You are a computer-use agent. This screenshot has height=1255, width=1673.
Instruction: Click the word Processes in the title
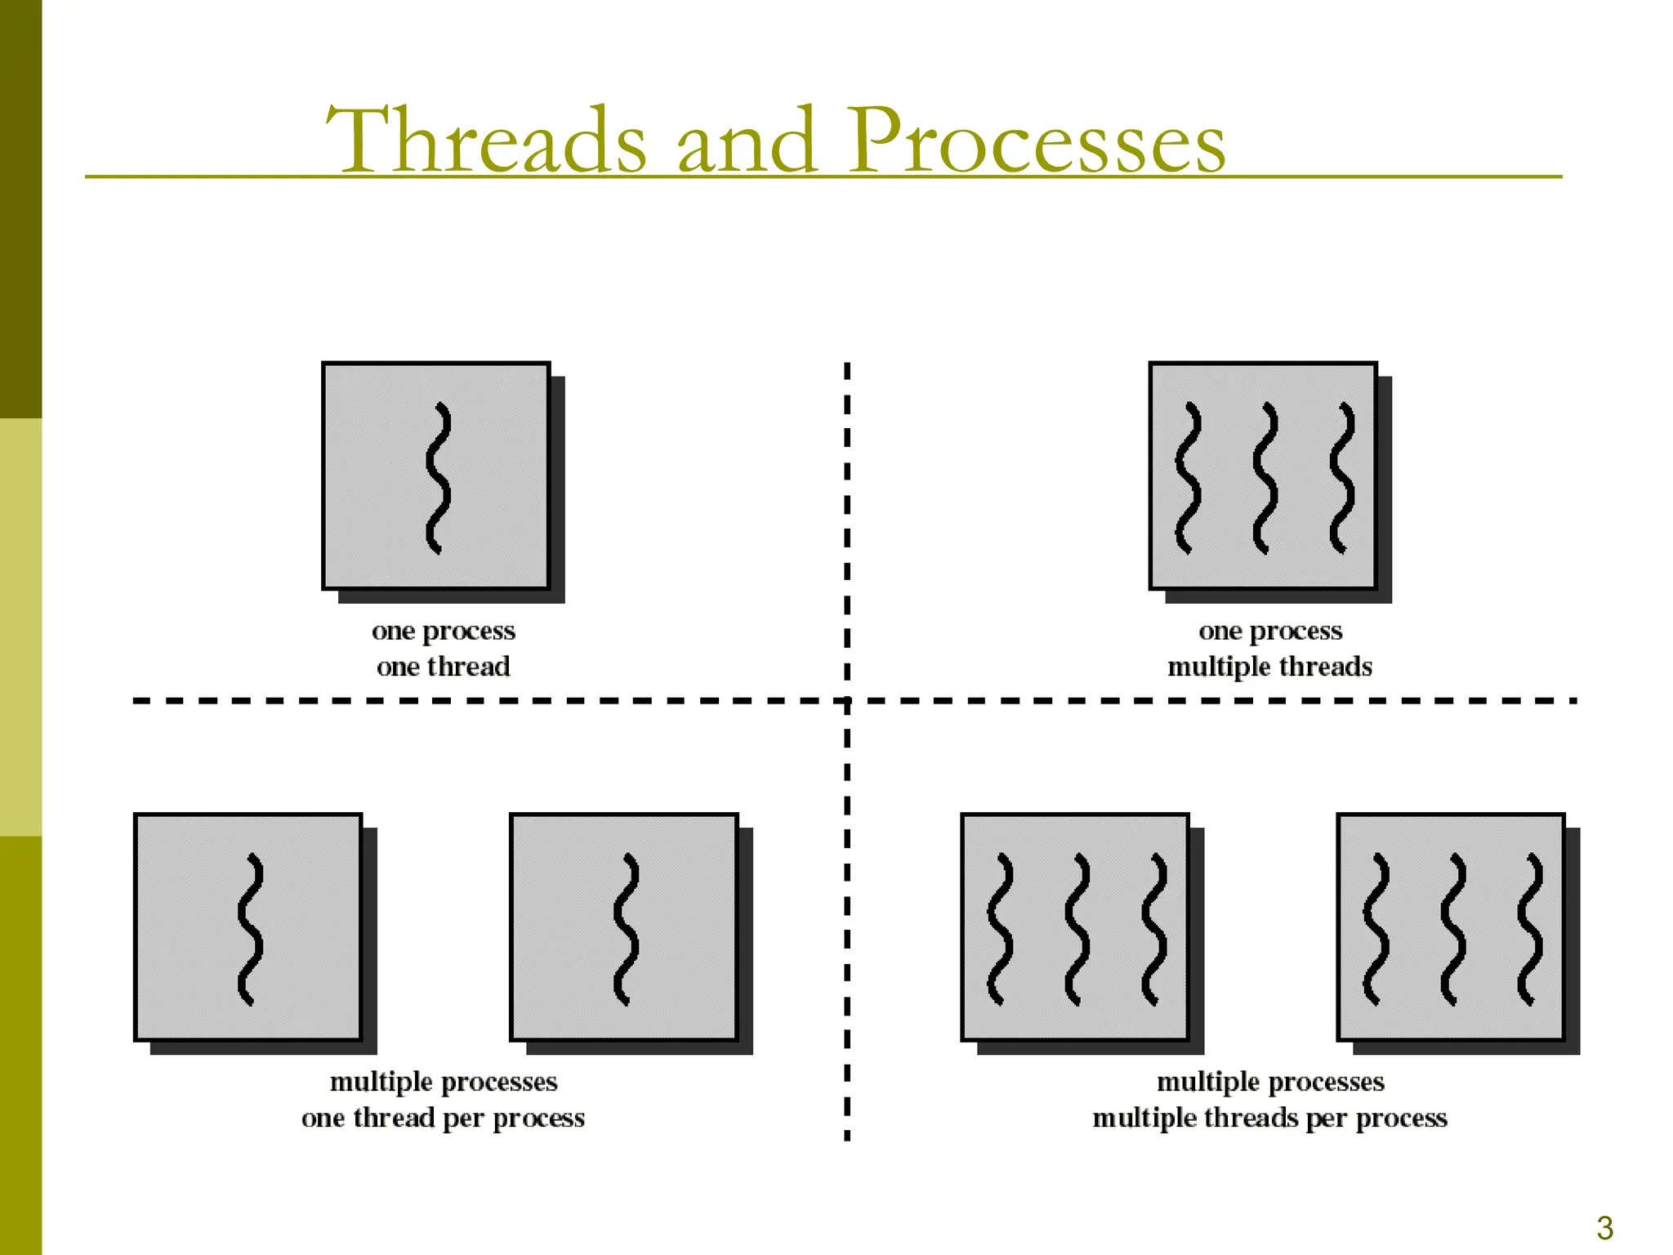tap(1036, 141)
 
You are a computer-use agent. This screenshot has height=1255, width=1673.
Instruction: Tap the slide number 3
tap(1604, 1228)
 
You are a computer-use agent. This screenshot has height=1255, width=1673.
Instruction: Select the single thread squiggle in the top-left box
tap(439, 478)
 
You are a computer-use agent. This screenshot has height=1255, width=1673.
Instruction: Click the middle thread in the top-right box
tap(1265, 478)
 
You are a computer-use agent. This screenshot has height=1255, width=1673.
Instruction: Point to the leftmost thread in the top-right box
tap(1189, 478)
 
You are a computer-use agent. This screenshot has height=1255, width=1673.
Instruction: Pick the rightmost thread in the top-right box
tap(1342, 478)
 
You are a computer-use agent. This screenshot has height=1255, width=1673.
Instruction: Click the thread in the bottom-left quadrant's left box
tap(251, 929)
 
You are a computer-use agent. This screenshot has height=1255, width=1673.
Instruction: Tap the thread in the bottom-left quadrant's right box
tap(627, 929)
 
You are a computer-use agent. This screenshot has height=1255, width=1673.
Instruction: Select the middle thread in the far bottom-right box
tap(1453, 929)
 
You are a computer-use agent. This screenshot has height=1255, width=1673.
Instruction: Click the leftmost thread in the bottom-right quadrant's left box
tap(1000, 929)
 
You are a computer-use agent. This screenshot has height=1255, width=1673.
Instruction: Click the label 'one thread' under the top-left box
tap(444, 667)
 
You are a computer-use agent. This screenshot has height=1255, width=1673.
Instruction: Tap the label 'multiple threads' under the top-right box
tap(1269, 667)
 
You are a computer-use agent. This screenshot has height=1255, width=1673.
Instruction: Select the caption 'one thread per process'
tap(443, 1118)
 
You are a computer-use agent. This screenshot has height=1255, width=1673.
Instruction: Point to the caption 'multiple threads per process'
tap(1269, 1118)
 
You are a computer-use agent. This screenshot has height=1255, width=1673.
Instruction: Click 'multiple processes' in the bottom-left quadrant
tap(444, 1082)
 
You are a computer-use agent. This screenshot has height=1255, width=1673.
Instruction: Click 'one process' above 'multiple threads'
tap(1270, 631)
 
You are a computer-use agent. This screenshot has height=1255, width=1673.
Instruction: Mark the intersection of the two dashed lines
tap(847, 701)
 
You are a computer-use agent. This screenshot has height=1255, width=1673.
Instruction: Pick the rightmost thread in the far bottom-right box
tap(1530, 929)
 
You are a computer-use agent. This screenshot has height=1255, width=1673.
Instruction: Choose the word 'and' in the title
tap(747, 141)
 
